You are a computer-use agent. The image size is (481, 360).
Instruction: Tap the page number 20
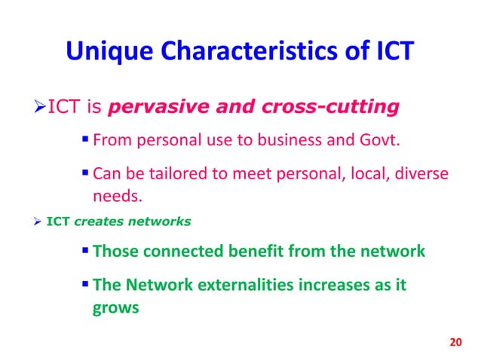pyautogui.click(x=453, y=343)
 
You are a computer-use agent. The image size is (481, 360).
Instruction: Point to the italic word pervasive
pyautogui.click(x=152, y=107)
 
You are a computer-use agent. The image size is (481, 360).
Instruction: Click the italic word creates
pyautogui.click(x=97, y=221)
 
